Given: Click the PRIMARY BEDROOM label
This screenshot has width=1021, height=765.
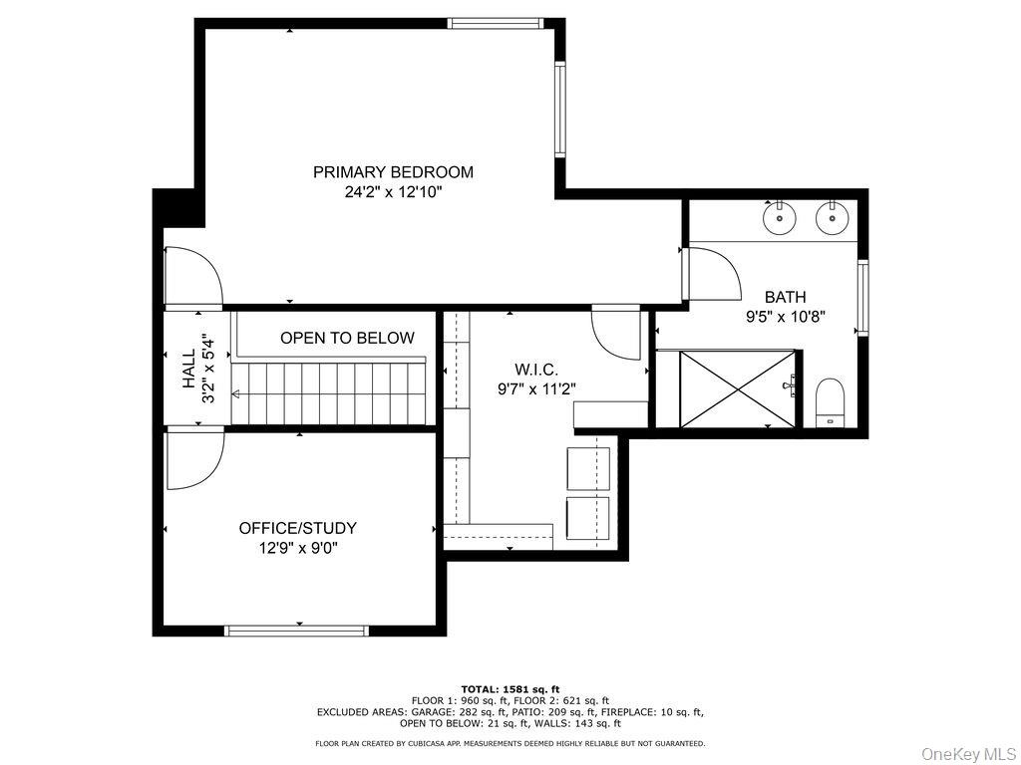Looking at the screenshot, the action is point(393,172).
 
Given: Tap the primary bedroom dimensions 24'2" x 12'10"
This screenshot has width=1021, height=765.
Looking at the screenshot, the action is point(393,192).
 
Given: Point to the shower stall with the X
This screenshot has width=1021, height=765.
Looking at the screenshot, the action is point(737,389).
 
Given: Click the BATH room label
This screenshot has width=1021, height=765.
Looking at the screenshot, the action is point(785,297).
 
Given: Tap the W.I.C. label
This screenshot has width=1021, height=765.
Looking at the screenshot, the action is point(536,371).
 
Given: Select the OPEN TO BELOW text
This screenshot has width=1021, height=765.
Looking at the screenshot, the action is point(347,339).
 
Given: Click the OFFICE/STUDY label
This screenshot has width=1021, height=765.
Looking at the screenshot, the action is point(297,528).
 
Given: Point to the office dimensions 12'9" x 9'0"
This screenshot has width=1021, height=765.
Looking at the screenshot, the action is point(297,549).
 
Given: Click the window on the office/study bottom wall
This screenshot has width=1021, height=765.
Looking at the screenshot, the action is point(296,631).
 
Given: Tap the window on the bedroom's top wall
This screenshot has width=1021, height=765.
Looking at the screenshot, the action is point(496,24).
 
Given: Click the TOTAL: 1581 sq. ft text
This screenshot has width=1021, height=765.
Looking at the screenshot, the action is point(510,689).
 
